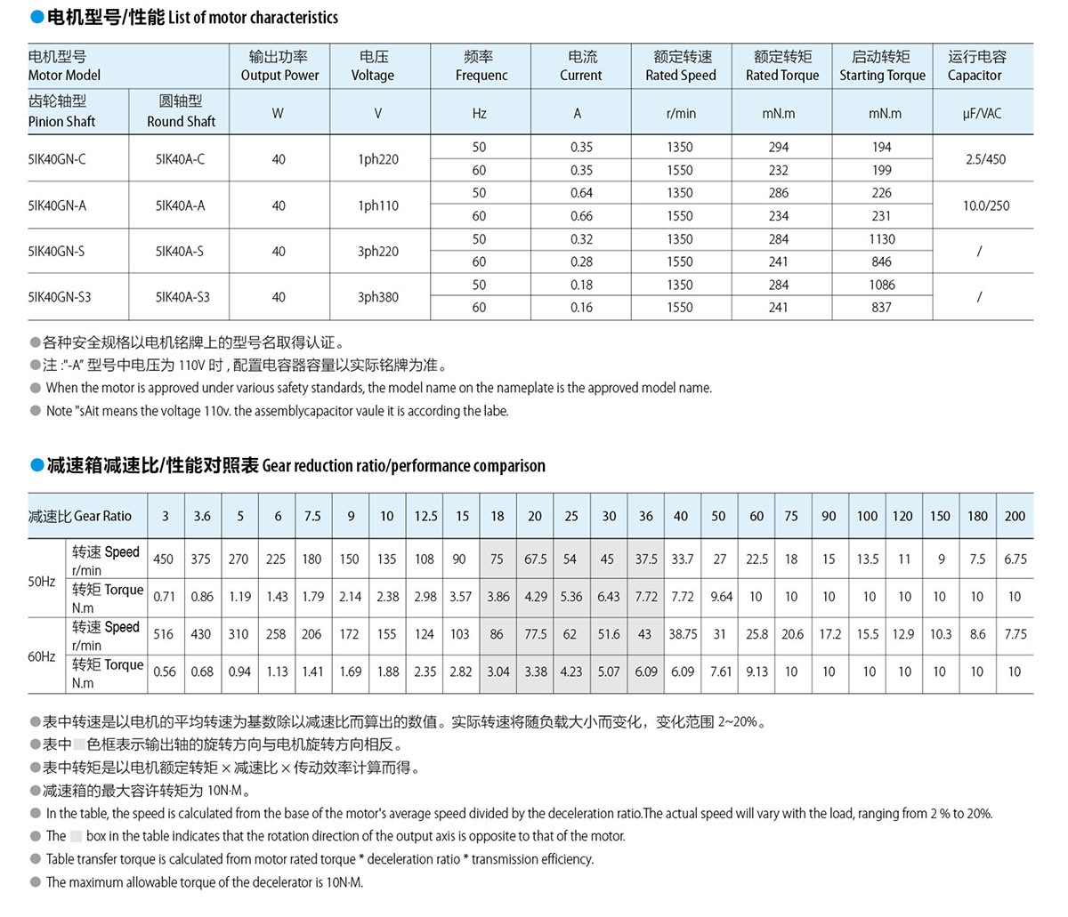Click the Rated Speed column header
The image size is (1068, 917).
(681, 66)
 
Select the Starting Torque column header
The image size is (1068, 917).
(882, 66)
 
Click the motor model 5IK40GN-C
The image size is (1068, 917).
(58, 159)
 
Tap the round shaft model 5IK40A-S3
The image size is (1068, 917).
(182, 297)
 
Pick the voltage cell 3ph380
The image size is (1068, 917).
(378, 297)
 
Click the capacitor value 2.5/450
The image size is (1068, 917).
(985, 159)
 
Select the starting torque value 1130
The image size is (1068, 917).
(881, 239)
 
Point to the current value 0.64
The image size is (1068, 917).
(581, 193)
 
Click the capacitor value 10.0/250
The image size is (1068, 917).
(986, 205)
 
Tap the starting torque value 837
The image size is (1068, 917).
(881, 308)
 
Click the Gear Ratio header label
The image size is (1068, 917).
(80, 516)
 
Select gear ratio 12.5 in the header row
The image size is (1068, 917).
(425, 516)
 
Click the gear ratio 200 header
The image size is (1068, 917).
(1015, 516)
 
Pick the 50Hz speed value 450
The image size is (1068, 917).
(164, 559)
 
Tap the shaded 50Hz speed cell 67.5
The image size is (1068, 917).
(535, 559)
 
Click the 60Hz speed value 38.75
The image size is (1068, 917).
(683, 634)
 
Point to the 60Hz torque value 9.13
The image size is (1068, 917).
(756, 672)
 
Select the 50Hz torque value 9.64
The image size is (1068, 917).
(721, 597)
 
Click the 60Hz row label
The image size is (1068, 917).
(42, 656)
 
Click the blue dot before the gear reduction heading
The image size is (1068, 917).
(36, 465)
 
